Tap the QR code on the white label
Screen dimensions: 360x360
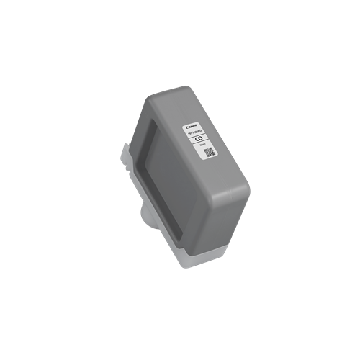[209, 153]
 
